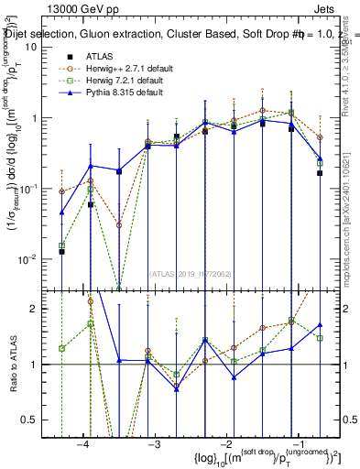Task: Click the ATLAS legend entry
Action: (x=101, y=56)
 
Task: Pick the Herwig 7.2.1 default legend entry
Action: (x=115, y=81)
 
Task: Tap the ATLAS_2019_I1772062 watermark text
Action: (x=189, y=272)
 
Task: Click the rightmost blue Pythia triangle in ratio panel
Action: (x=320, y=324)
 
